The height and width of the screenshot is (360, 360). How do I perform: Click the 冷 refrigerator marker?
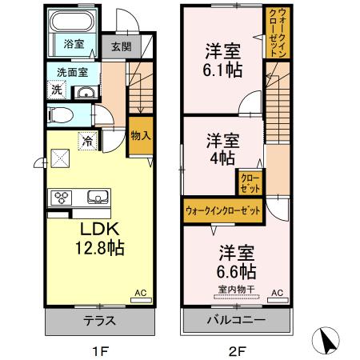pyautogui.click(x=86, y=141)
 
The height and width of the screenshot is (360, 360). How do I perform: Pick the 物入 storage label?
pyautogui.click(x=140, y=135)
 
